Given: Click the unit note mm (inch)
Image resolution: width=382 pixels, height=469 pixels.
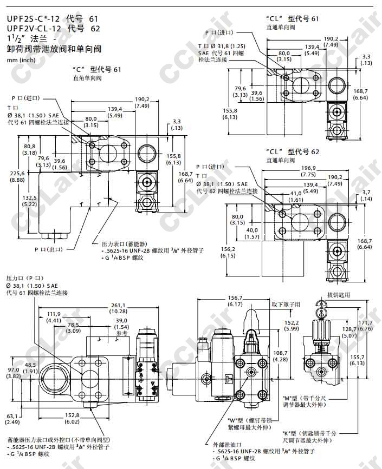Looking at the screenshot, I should (x=20, y=60).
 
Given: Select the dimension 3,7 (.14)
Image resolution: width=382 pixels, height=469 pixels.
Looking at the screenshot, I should (x=366, y=196).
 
